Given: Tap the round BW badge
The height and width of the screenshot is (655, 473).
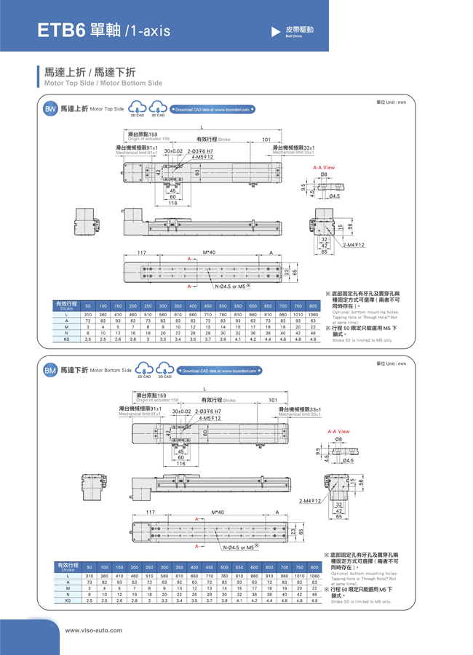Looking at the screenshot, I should tap(50, 109).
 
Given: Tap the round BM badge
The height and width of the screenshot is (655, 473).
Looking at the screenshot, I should tap(50, 370).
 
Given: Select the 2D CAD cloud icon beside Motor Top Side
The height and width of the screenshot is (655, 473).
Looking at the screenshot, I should tap(138, 108).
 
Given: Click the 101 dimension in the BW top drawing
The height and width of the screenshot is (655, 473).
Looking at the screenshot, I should tap(266, 139).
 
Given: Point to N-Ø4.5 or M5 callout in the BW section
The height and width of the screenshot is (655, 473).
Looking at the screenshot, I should tap(232, 286).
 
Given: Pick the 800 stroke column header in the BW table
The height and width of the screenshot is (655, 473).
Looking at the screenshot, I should tap(313, 306).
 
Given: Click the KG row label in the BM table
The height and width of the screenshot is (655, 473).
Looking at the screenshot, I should tap(68, 601).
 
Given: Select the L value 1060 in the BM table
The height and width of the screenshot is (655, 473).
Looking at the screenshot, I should tap(314, 576).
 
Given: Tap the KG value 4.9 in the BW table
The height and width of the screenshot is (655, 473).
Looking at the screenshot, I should tap(313, 339).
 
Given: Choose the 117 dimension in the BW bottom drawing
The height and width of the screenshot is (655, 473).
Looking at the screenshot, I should tap(143, 252).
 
